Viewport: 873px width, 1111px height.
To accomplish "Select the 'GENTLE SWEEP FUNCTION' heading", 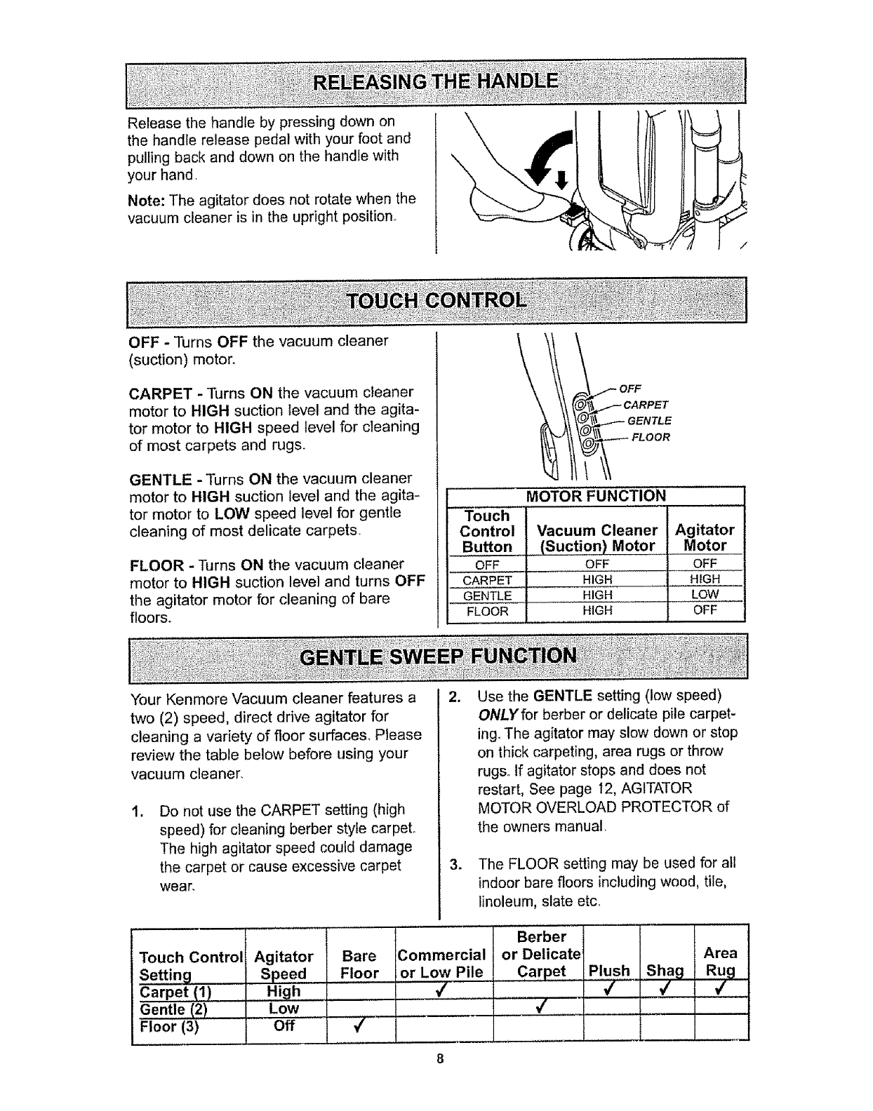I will pyautogui.click(x=438, y=656).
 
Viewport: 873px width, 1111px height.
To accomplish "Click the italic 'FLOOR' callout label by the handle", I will pyautogui.click(x=650, y=437).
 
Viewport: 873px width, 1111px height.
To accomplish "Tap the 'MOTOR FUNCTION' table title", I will pyautogui.click(x=595, y=497).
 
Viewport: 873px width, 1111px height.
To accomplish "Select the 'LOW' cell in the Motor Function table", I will pyautogui.click(x=705, y=595).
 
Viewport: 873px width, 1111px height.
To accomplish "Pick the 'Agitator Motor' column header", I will pyautogui.click(x=705, y=537).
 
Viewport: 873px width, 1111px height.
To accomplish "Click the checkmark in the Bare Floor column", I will pyautogui.click(x=357, y=1028).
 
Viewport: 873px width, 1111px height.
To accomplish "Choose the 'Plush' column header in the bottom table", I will pyautogui.click(x=609, y=971).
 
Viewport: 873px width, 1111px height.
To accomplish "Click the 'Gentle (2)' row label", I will pyautogui.click(x=170, y=1009).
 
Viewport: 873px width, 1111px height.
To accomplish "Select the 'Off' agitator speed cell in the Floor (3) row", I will pyautogui.click(x=284, y=1027).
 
